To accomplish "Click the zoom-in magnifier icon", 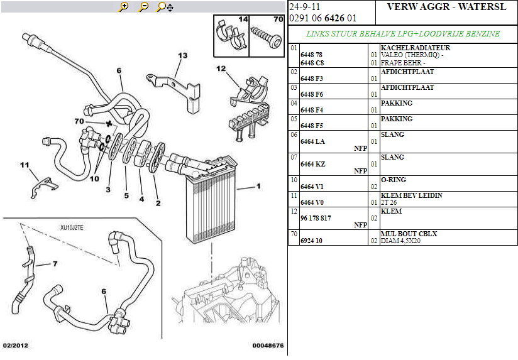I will coord(124,7).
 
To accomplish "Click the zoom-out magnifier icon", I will coord(144,7).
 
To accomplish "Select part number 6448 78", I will coord(311,55).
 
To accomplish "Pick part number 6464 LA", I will coord(312,142).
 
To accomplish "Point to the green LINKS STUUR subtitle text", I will coord(402,33).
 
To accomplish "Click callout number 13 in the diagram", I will coord(182,56).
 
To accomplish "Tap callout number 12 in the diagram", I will coord(221,68).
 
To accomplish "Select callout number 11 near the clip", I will coord(25,165).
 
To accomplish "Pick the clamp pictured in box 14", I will coord(231,36).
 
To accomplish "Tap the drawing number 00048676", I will coord(268,346).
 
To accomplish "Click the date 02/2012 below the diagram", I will coord(16,346).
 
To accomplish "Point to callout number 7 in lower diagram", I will coord(55,264).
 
